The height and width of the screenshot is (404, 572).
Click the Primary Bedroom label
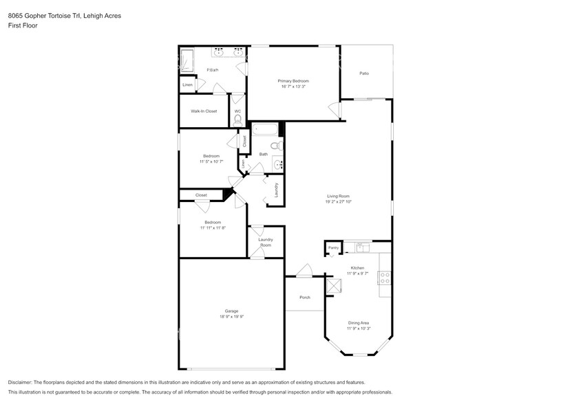tap(294, 81)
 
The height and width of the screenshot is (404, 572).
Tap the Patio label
tap(364, 73)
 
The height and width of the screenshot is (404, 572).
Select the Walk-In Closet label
tap(204, 111)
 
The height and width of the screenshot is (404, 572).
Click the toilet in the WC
tap(237, 121)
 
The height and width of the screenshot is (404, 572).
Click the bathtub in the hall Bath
tap(264, 129)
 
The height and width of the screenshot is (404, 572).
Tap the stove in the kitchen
tap(385, 278)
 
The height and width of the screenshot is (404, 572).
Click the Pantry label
tap(333, 247)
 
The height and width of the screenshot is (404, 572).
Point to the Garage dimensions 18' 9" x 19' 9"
tap(231, 317)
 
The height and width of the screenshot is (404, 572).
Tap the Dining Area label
tap(358, 322)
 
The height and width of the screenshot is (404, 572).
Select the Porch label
tap(305, 298)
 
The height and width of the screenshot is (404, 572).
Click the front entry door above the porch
tap(304, 272)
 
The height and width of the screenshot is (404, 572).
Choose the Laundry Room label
tap(266, 242)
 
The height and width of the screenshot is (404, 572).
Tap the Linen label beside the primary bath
tap(187, 85)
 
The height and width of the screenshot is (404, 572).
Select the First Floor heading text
tap(23, 25)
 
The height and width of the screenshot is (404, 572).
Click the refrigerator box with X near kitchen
tap(335, 285)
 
